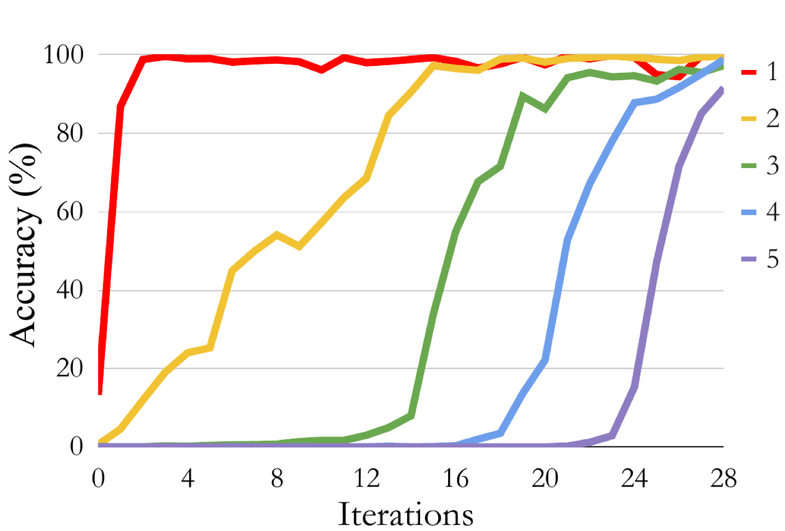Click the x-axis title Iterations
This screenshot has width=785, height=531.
pos(405,514)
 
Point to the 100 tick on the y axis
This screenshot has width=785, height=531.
pos(63,55)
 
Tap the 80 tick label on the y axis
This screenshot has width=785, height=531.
pos(70,133)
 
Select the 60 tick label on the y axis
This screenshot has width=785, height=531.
pos(70,212)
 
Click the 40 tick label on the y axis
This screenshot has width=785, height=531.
pos(70,290)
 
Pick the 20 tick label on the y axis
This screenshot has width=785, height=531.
pos(70,368)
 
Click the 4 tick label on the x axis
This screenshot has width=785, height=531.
pos(188,478)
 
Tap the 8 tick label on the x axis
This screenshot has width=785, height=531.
pos(277,478)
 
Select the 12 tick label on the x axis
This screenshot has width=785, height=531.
pos(367,478)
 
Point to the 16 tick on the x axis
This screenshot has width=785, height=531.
pos(456,478)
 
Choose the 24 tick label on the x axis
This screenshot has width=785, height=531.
pos(634,478)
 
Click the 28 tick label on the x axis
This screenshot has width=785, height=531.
pos(724,478)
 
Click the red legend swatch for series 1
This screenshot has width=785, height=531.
pos(749,72)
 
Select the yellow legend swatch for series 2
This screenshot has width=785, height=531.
pos(749,119)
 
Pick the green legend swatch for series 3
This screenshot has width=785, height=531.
pos(749,166)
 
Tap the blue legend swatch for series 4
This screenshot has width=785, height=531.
pos(749,212)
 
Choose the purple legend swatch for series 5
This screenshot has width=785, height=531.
pos(749,259)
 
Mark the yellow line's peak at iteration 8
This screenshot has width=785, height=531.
pos(277,234)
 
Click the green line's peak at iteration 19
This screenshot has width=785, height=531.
pos(523,95)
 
